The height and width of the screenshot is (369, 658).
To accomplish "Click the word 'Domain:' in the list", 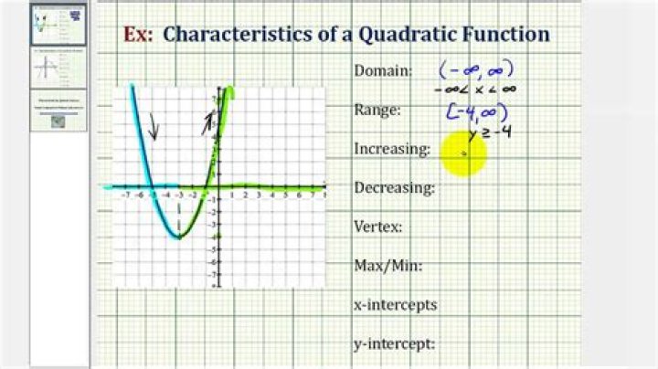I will coord(383,71).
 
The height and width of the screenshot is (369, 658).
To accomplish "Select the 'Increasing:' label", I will coord(392,149).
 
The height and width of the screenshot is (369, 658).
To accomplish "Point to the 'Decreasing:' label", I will coord(394,188).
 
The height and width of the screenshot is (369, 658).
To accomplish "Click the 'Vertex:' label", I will coord(378,227).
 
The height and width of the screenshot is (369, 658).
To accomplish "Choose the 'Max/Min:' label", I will coord(387,267).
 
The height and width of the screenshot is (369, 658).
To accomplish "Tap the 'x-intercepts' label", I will coord(395,305).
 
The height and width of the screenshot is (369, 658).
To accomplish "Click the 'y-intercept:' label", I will coord(393,344).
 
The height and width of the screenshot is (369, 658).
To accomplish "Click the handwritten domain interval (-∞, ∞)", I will coord(475,69).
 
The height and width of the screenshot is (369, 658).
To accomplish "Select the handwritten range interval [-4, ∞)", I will coord(475,111).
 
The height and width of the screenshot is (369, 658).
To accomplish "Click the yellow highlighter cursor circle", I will coord(463,153).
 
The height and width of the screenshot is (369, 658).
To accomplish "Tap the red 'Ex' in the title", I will coord(135,35).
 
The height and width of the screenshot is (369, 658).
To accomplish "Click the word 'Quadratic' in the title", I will coord(399,35).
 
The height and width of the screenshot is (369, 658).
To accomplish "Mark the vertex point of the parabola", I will coord(179,237).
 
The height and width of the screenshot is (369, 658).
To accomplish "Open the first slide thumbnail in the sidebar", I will coord(58,25).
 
